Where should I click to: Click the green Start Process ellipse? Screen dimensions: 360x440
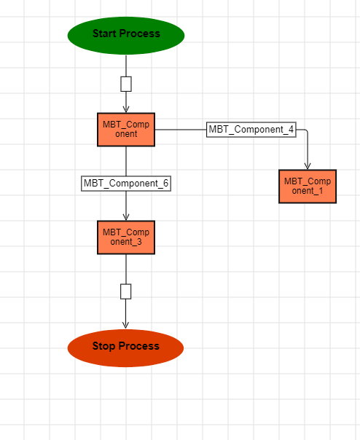pyautogui.click(x=126, y=36)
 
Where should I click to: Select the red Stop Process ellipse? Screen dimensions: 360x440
pyautogui.click(x=125, y=348)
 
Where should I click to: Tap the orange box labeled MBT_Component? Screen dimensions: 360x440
pyautogui.click(x=126, y=130)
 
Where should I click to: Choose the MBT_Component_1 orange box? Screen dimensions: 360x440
pyautogui.click(x=308, y=186)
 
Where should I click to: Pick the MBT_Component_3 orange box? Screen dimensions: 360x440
pyautogui.click(x=126, y=237)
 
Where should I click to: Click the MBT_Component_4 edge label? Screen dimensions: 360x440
pyautogui.click(x=251, y=130)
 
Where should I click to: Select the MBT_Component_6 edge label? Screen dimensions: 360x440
pyautogui.click(x=126, y=184)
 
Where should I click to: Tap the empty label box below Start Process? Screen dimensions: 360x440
pyautogui.click(x=126, y=84)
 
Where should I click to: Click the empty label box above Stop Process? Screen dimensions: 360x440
pyautogui.click(x=126, y=291)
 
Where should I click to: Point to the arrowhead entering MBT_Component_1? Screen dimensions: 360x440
pyautogui.click(x=308, y=166)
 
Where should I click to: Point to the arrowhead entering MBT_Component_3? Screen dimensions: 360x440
pyautogui.click(x=126, y=217)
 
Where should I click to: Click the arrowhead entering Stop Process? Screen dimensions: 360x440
pyautogui.click(x=126, y=325)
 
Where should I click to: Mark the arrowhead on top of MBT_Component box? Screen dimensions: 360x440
pyautogui.click(x=126, y=109)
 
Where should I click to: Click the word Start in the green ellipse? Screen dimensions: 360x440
pyautogui.click(x=104, y=34)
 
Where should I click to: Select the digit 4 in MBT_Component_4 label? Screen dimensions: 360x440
pyautogui.click(x=291, y=130)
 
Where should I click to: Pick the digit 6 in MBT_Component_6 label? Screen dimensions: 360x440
pyautogui.click(x=165, y=184)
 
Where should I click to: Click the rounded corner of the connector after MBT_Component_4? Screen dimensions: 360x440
pyautogui.click(x=306, y=131)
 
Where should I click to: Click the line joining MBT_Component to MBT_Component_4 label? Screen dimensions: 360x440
pyautogui.click(x=181, y=130)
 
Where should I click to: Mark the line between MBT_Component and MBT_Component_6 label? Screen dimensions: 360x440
pyautogui.click(x=126, y=161)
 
